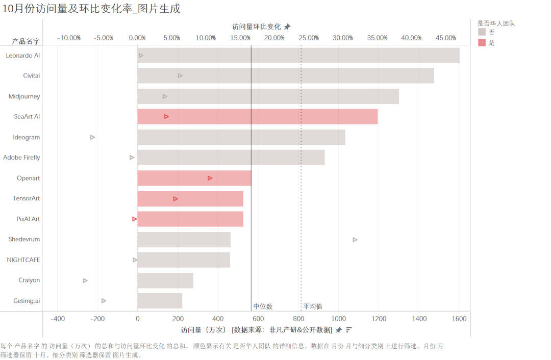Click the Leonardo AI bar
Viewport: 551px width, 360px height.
(x=298, y=56)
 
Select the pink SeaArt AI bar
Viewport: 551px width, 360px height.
(x=258, y=117)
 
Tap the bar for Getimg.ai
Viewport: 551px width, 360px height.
(x=160, y=301)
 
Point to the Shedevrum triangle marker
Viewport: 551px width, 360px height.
(x=355, y=240)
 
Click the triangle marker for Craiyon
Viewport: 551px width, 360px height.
(x=85, y=280)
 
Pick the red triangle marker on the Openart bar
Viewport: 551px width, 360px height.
(x=210, y=178)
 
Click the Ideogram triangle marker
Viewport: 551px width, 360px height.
(x=92, y=137)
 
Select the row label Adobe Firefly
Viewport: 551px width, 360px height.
(x=21, y=158)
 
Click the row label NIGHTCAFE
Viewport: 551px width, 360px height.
(x=23, y=260)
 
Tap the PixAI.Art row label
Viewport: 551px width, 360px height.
(x=28, y=219)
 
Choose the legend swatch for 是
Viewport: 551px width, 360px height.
(x=482, y=43)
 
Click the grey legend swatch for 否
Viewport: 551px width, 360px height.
(x=482, y=32)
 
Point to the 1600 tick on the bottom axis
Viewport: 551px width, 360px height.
(x=459, y=319)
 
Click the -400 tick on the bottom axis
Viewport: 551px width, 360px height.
(x=58, y=319)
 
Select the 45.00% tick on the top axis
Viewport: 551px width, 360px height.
(x=446, y=38)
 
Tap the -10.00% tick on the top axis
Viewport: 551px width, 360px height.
(x=69, y=38)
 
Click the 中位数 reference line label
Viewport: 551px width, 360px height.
(x=263, y=306)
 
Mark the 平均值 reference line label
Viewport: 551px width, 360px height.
(x=313, y=306)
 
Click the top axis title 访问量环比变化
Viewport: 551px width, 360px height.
(x=256, y=27)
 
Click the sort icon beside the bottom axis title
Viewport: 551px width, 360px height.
(x=349, y=329)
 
